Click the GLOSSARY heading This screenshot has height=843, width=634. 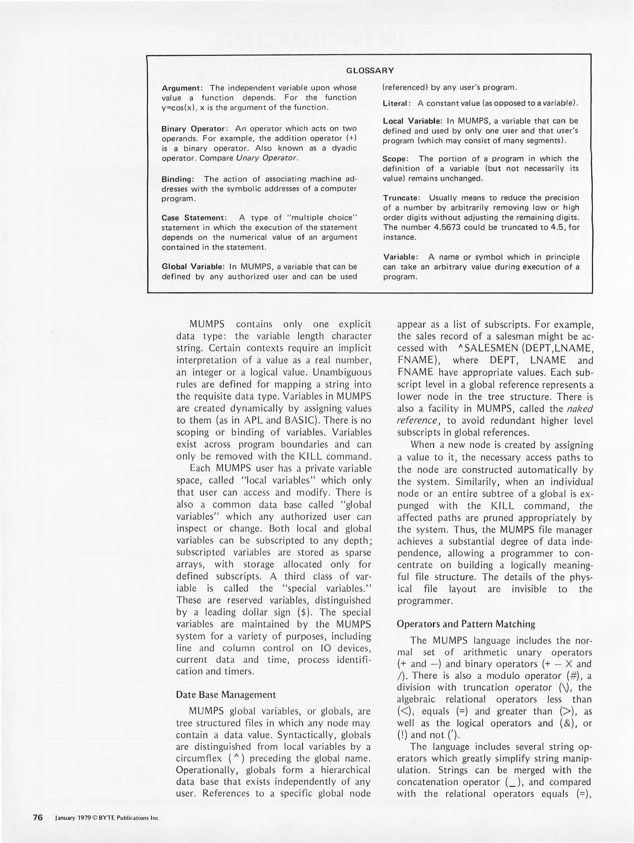point(370,71)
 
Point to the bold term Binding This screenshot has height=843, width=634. point(178,179)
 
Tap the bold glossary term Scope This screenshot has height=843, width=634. point(395,159)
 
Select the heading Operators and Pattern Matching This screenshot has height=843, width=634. point(466,624)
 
